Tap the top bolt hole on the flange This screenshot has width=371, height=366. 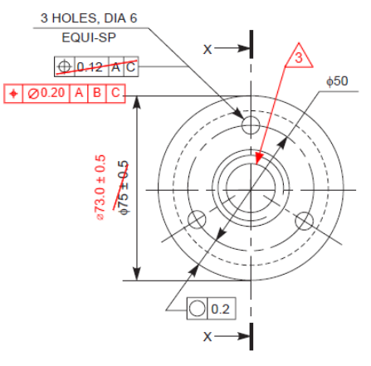pyautogui.click(x=250, y=124)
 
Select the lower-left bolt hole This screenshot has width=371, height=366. pyautogui.click(x=197, y=220)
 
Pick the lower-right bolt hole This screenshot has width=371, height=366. pyautogui.click(x=303, y=220)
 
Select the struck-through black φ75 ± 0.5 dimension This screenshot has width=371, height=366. pyautogui.click(x=124, y=188)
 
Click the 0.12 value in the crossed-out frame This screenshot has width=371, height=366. pyautogui.click(x=90, y=66)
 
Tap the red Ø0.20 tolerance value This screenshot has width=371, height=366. pyautogui.click(x=49, y=93)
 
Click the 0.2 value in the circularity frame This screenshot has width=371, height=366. pyautogui.click(x=220, y=309)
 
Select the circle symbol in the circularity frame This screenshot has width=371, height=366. pyautogui.click(x=198, y=309)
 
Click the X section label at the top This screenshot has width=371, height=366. pyautogui.click(x=208, y=49)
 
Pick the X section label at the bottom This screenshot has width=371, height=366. pyautogui.click(x=208, y=336)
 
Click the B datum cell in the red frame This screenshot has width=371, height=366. pyautogui.click(x=97, y=93)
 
